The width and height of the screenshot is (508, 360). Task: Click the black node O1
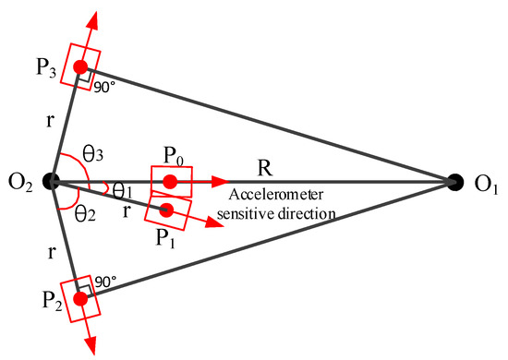click(454, 182)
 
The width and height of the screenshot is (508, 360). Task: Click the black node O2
click(53, 181)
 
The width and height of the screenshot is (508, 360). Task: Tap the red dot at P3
click(81, 66)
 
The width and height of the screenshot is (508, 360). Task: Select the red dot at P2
click(81, 297)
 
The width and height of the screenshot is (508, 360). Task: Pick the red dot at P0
click(171, 181)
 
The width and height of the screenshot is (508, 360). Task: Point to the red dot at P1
click(167, 210)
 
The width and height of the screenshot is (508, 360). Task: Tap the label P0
click(174, 157)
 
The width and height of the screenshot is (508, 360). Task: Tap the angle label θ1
click(122, 191)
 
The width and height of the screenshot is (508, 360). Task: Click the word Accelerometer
click(261, 197)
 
